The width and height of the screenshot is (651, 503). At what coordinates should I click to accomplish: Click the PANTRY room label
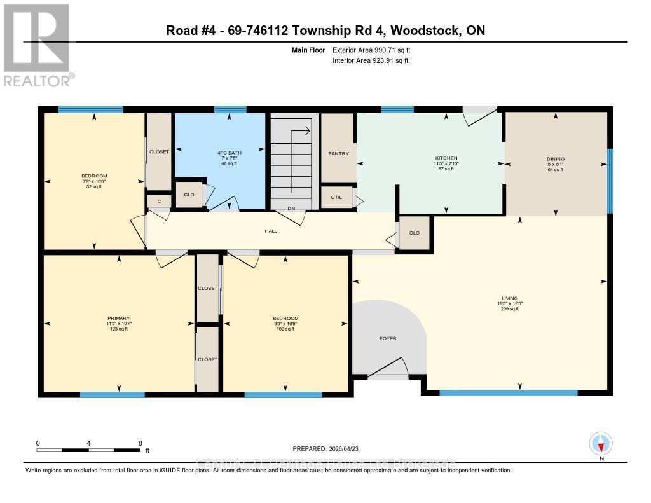point(338,153)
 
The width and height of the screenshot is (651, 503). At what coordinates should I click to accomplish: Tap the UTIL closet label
point(336,197)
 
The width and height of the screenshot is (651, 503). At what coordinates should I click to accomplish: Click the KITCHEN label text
point(446,158)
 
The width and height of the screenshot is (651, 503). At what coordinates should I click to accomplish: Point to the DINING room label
point(555,159)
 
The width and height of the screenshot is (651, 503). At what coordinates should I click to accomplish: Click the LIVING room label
point(509,298)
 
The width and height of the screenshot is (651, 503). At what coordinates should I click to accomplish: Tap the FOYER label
point(388,338)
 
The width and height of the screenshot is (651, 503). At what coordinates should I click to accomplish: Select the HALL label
point(271,231)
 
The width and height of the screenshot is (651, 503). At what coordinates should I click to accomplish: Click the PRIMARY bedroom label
point(118,318)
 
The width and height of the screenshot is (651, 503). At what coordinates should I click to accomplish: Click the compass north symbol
point(600,443)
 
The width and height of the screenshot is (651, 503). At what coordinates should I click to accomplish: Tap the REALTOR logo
point(37,45)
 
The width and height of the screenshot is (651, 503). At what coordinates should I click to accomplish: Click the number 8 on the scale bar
point(140,443)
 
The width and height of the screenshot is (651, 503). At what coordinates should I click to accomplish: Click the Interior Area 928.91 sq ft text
point(370,60)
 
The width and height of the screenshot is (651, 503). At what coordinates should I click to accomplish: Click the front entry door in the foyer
point(388,372)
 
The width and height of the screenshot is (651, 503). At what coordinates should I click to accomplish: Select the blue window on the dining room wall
point(610,181)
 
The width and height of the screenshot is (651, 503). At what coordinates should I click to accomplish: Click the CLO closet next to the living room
point(415,233)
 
